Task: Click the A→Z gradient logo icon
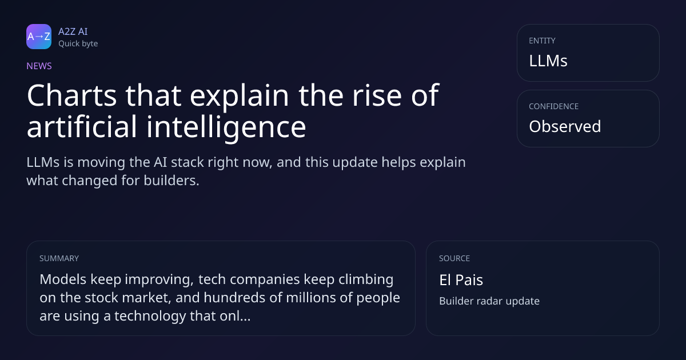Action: click(39, 37)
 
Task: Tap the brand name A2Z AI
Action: click(73, 31)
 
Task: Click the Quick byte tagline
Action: click(78, 44)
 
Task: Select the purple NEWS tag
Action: click(39, 66)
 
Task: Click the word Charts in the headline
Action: click(72, 95)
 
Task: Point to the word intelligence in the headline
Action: click(226, 127)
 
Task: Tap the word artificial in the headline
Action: click(81, 126)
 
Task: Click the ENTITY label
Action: click(542, 41)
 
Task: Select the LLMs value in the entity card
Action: click(548, 61)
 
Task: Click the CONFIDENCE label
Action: click(554, 106)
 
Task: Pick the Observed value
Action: click(565, 126)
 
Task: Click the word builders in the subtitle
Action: click(171, 181)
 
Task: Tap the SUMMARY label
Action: click(59, 258)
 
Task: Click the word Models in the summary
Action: click(63, 279)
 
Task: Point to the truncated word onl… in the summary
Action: click(235, 315)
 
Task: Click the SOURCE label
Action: click(454, 258)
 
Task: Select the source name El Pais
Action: click(461, 280)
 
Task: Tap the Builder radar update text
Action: click(489, 301)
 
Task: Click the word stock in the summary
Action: click(101, 298)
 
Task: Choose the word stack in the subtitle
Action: click(187, 162)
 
